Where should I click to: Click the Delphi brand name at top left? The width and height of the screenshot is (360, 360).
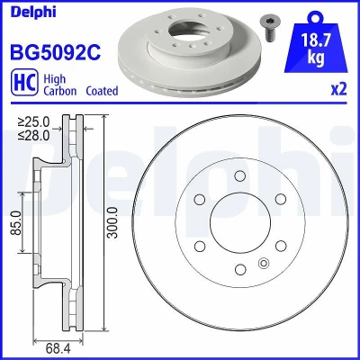click(33, 12)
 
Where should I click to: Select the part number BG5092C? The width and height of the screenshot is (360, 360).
click(56, 52)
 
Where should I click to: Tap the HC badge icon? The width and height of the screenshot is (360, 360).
click(24, 82)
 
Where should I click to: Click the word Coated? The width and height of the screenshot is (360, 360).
click(102, 91)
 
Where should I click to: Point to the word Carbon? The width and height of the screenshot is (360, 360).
click(60, 91)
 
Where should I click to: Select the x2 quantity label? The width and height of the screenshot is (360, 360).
click(338, 89)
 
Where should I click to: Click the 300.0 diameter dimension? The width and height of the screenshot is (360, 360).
click(112, 222)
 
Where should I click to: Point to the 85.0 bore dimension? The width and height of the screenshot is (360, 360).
click(17, 222)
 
